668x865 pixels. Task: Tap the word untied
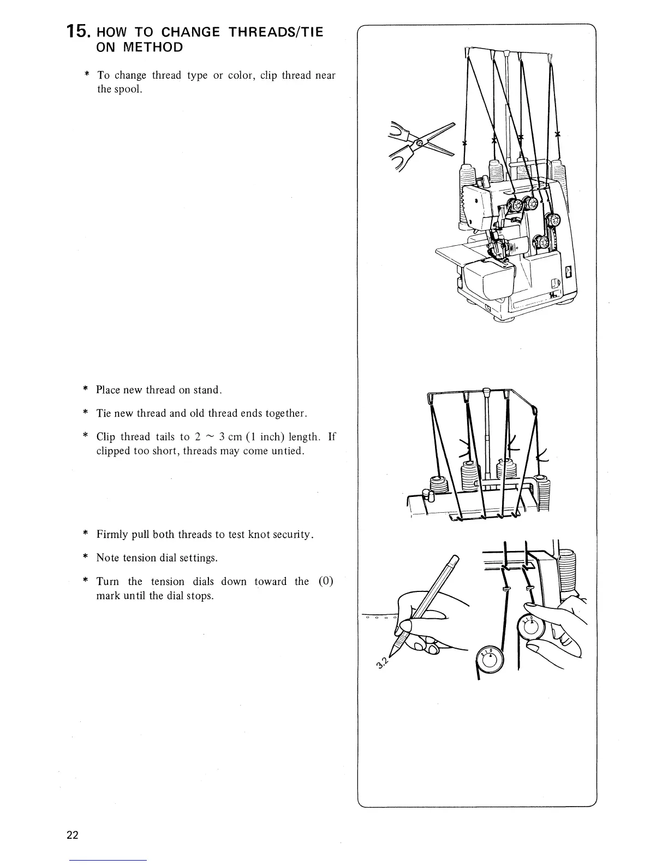pos(286,451)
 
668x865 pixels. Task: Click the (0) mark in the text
pos(325,581)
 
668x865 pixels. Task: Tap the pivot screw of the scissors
pos(419,143)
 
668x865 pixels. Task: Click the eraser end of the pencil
pos(454,559)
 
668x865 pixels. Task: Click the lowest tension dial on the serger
pos(541,241)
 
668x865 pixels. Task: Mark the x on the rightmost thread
pos(557,134)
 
